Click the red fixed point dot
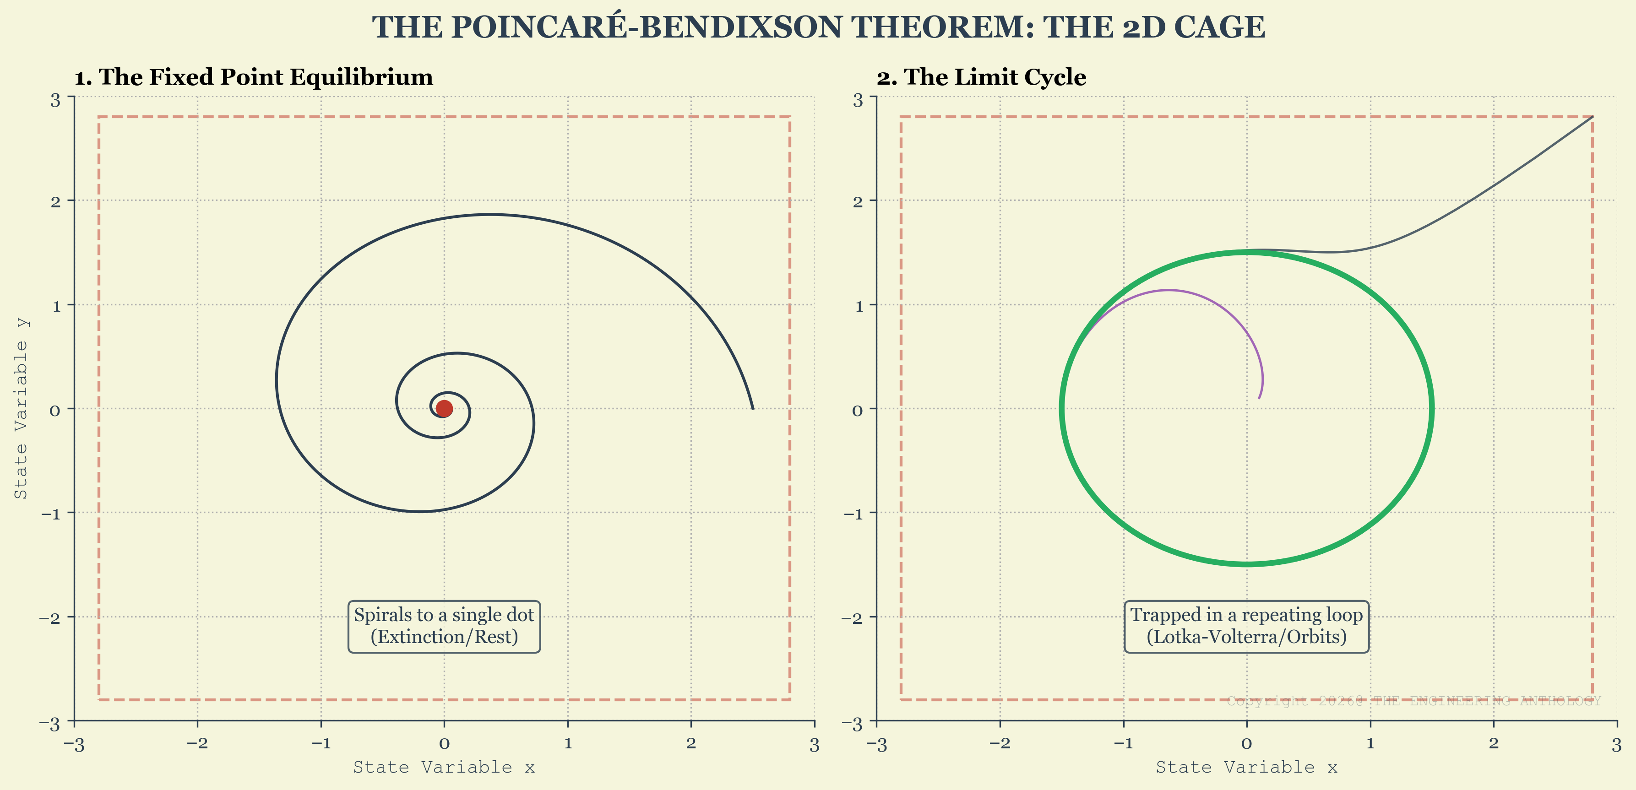[x=444, y=408]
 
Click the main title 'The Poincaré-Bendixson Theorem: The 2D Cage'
[x=818, y=27]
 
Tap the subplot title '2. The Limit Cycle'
[x=981, y=77]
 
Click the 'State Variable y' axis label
[x=21, y=408]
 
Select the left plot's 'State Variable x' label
[x=444, y=767]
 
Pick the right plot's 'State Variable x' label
[x=1246, y=767]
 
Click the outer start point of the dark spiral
[x=753, y=408]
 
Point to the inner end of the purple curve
[x=1259, y=398]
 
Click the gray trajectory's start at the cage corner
[x=1592, y=117]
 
